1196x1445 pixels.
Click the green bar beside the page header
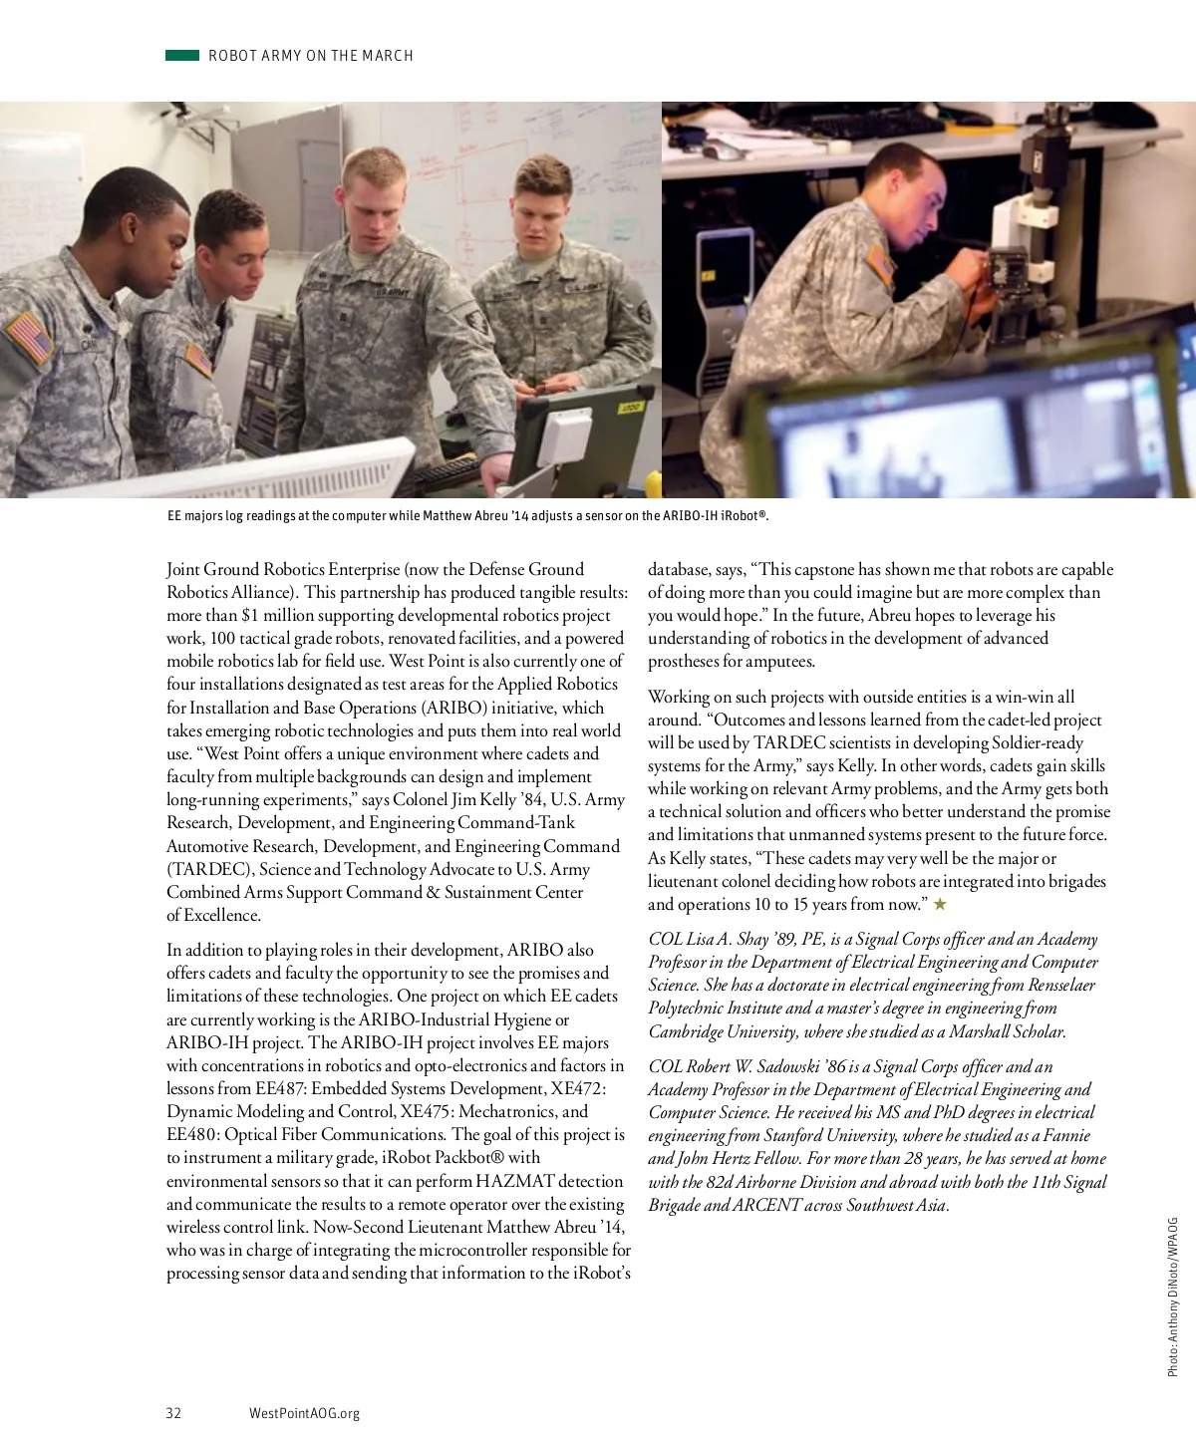point(182,56)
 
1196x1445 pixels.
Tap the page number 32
point(173,1413)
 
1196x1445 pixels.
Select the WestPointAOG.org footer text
point(304,1413)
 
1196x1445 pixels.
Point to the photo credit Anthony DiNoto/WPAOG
point(1173,1297)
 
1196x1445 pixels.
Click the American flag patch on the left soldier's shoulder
point(29,338)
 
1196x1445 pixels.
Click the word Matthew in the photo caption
point(448,516)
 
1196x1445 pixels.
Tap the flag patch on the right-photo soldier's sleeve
point(880,265)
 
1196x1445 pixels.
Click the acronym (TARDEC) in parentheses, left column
point(209,869)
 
